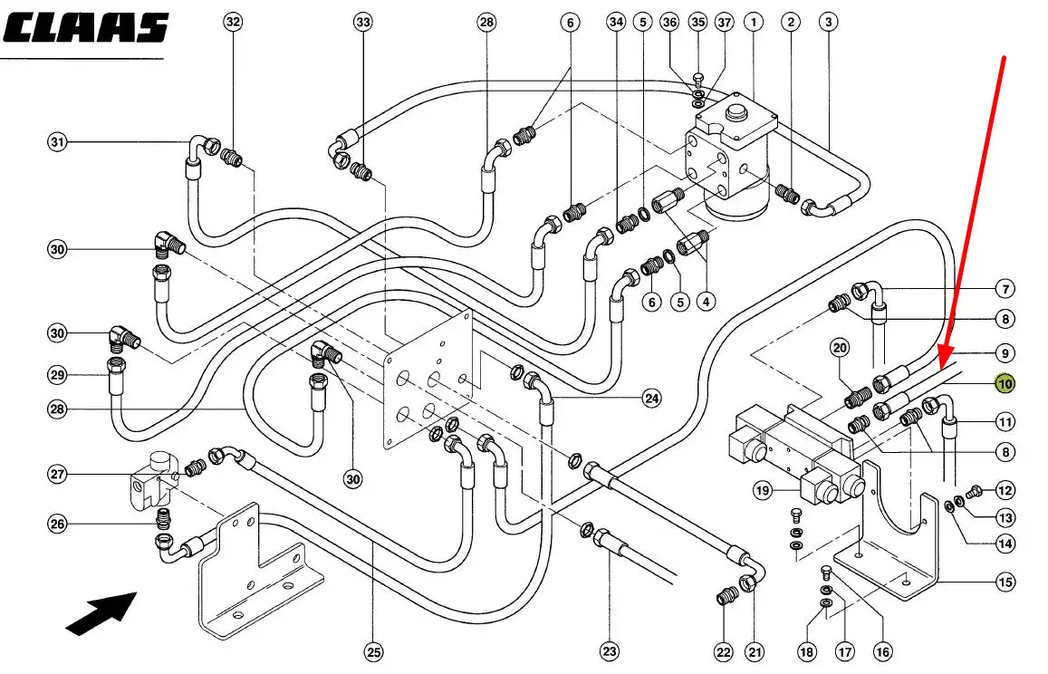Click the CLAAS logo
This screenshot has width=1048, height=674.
[86, 28]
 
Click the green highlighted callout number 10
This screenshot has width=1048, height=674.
[1005, 384]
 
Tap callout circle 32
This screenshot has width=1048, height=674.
[234, 22]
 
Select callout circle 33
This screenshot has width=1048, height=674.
[363, 22]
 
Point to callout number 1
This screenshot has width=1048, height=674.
[753, 22]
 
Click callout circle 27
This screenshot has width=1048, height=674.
[58, 474]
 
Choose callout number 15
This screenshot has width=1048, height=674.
[1005, 583]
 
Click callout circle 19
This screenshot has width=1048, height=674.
[763, 490]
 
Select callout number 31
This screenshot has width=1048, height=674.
[58, 142]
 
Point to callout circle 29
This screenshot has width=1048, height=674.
[58, 374]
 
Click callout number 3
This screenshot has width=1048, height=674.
[827, 22]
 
